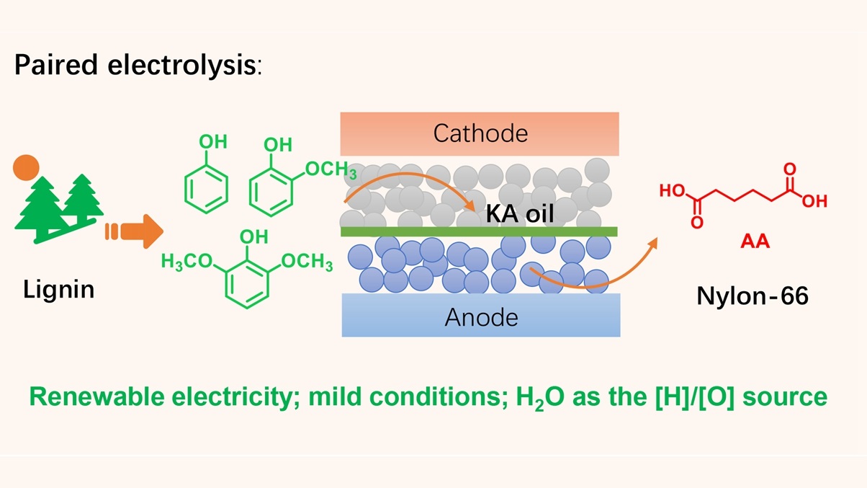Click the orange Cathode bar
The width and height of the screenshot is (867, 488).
480,133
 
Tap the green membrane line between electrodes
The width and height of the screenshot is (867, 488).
480,231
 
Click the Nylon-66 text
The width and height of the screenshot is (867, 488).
753,296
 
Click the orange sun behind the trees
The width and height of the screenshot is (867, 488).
25,167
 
